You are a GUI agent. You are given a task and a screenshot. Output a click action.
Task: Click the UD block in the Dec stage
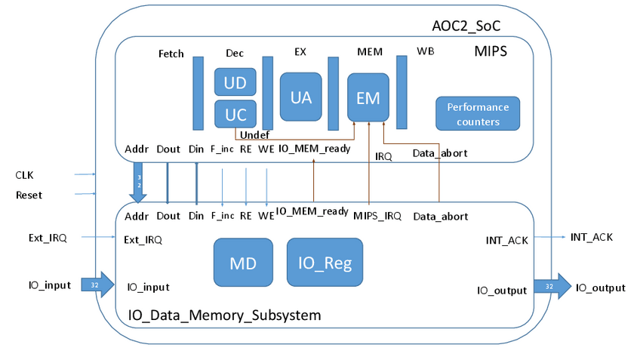(x=235, y=82)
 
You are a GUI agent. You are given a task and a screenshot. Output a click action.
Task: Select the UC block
(x=235, y=114)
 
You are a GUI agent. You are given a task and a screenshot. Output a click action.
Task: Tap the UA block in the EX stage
(x=300, y=97)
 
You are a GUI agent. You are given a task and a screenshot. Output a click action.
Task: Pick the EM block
(x=368, y=97)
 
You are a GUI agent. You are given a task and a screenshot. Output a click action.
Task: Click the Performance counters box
(x=478, y=113)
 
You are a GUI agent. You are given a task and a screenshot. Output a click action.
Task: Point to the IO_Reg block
(x=325, y=262)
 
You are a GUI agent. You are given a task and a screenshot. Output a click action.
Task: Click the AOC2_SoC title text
(x=461, y=26)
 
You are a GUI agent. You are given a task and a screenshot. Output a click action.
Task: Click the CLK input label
(x=25, y=175)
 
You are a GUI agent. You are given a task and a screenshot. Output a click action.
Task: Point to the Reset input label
(x=29, y=195)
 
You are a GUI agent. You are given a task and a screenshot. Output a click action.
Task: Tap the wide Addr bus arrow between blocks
(x=138, y=184)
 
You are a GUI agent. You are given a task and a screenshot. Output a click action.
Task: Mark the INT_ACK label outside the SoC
(x=592, y=237)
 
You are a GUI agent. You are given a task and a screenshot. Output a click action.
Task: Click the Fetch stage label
(x=171, y=54)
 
